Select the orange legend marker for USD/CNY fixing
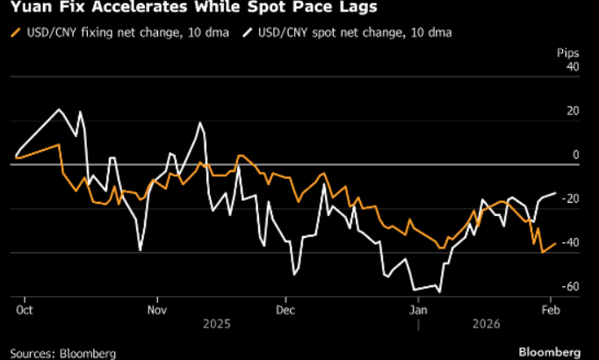[x=15, y=32]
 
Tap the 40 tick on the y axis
[x=573, y=67]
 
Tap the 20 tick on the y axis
[x=573, y=111]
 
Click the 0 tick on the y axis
[x=575, y=155]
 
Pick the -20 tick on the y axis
[x=571, y=199]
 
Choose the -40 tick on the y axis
[x=571, y=243]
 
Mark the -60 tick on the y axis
[x=571, y=287]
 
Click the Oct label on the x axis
[x=25, y=310]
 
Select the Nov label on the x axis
[x=155, y=310]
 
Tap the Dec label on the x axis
[x=285, y=310]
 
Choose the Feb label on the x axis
[x=551, y=310]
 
